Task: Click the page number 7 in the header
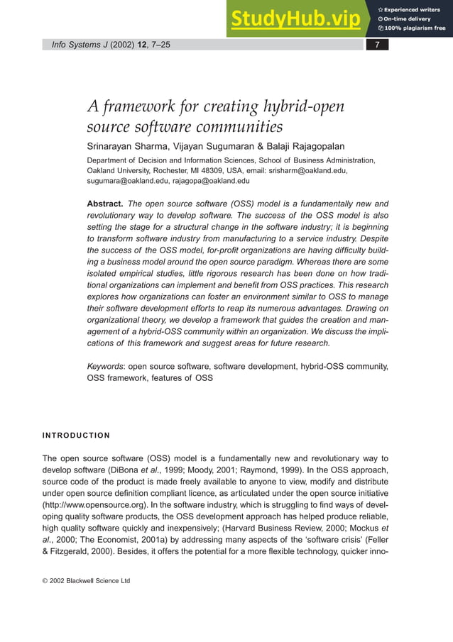pyautogui.click(x=378, y=45)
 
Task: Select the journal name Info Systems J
pyautogui.click(x=75, y=45)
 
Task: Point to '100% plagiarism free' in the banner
pyautogui.click(x=415, y=28)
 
